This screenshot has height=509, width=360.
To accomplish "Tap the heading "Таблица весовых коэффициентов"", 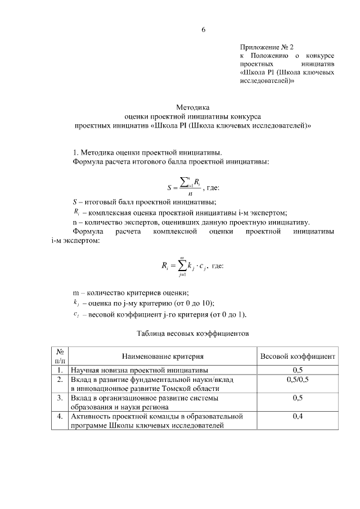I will pos(192,333).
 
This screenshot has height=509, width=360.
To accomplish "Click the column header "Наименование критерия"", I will pos(163,356).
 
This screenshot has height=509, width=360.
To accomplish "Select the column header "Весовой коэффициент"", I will pos(298,356).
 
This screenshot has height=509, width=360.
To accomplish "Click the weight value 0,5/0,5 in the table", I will pos(298,380).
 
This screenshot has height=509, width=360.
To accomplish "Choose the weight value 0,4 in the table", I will pos(298,417).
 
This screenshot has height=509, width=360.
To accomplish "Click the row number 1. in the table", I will pos(60,370).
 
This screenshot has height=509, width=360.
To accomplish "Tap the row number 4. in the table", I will pos(60,417).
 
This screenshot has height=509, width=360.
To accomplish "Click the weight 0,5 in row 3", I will pos(298,398).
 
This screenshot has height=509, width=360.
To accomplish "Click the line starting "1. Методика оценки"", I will pos(147,152).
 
